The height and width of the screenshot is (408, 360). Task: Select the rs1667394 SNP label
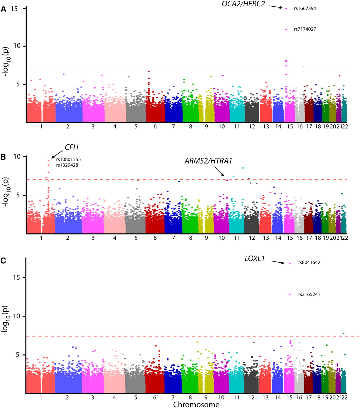click(305, 9)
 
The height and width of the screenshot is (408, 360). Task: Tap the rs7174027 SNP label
click(305, 29)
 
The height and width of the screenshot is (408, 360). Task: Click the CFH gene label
click(72, 147)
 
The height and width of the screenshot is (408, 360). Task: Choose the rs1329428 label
click(67, 165)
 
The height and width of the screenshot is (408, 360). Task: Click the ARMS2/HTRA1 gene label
click(208, 161)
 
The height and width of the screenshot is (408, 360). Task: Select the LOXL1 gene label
click(255, 259)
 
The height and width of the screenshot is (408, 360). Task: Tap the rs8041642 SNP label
click(309, 263)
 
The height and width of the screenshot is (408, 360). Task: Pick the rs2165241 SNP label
click(309, 295)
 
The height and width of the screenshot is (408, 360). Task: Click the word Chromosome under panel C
click(196, 405)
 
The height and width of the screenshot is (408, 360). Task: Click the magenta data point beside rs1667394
click(286, 9)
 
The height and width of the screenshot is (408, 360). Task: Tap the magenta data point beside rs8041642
click(290, 263)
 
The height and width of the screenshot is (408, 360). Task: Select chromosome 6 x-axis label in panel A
click(155, 127)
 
